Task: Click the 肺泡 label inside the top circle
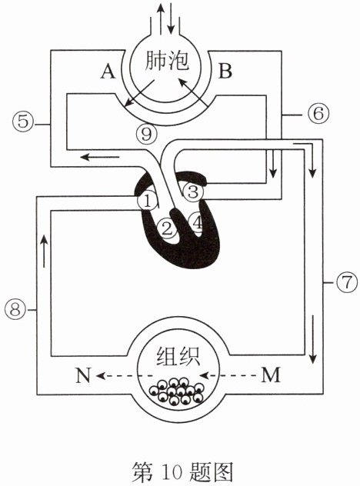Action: pos(166,60)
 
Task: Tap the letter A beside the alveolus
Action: pos(108,72)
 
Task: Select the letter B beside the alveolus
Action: pos(225,70)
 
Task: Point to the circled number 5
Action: pos(23,121)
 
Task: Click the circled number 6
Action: pos(318,114)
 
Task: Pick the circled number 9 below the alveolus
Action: pos(147,135)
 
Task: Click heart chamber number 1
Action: pos(148,201)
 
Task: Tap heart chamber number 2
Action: pos(167,229)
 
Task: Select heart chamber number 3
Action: pos(193,191)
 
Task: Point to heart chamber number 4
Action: pos(197,222)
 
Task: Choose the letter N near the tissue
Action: pos(83,375)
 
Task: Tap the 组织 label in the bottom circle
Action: pos(178,356)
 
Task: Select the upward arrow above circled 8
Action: pos(44,251)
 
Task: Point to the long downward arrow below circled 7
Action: pos(313,339)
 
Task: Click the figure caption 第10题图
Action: pos(182,471)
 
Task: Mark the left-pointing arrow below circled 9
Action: pos(99,157)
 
